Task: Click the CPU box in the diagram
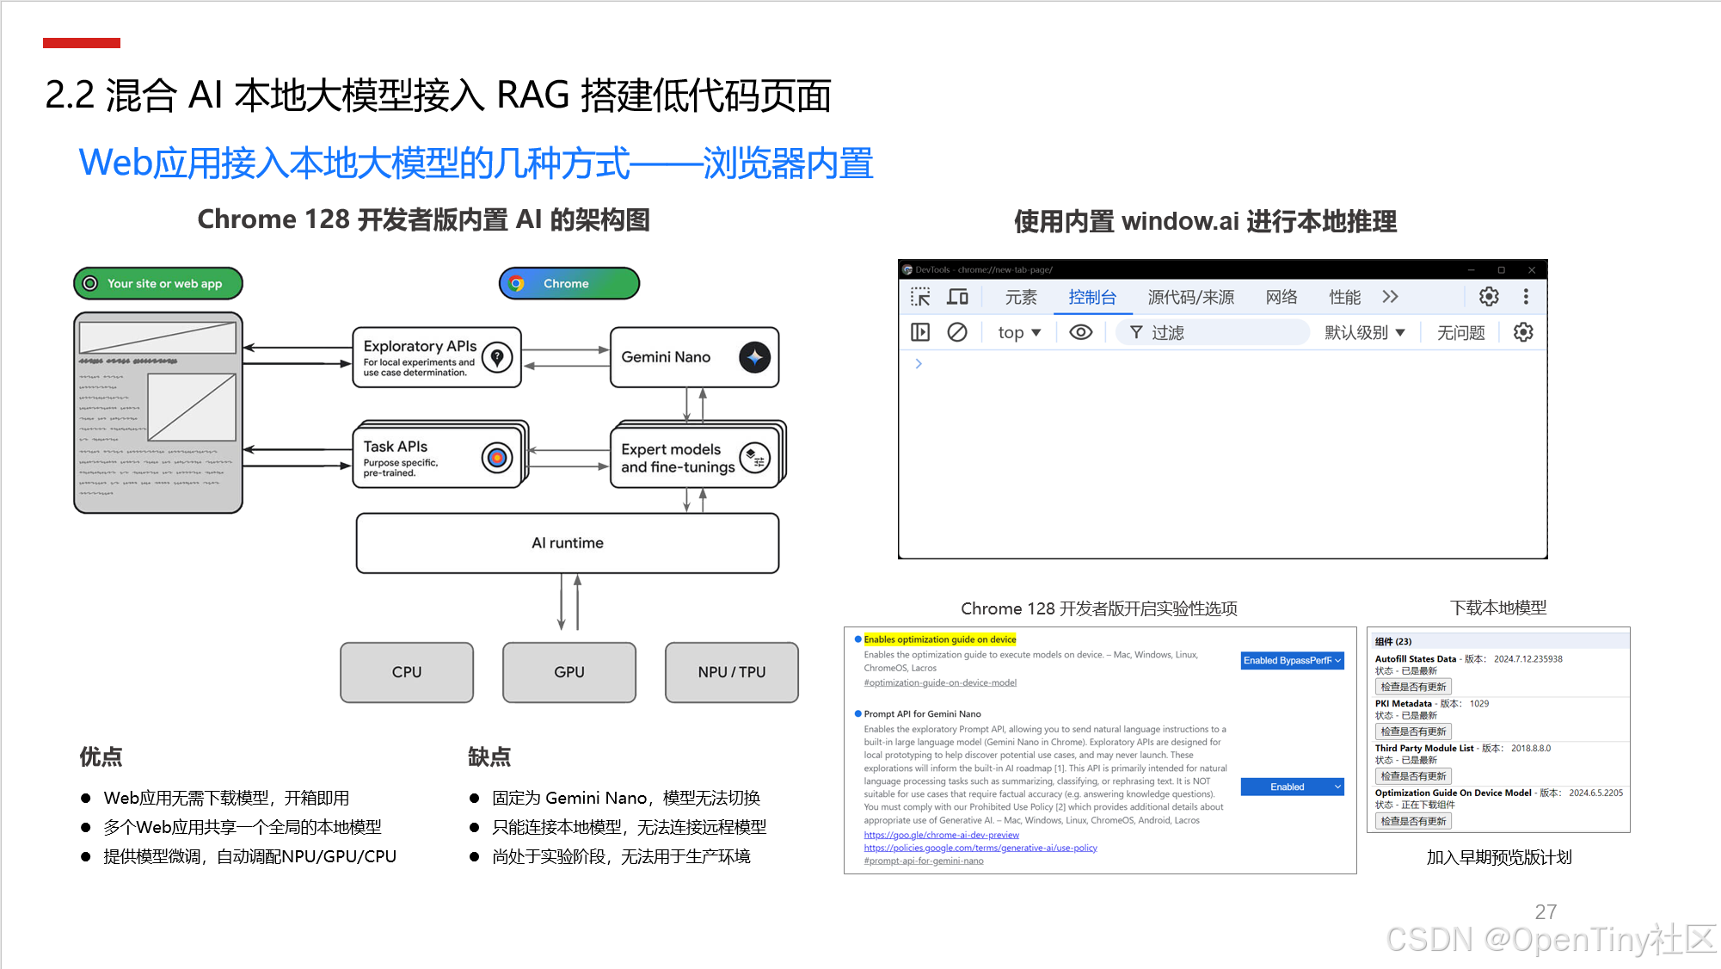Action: [x=407, y=672]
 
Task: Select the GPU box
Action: [x=569, y=672]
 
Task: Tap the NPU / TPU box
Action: [x=731, y=672]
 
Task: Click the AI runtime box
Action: [x=568, y=543]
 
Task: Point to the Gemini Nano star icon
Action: [x=754, y=357]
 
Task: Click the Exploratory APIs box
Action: [x=437, y=357]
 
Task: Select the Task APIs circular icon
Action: [x=497, y=458]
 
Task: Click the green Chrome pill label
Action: [x=569, y=283]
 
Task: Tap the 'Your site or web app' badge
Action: [x=158, y=283]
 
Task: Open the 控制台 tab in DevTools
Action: [x=1092, y=298]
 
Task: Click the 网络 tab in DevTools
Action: [x=1281, y=298]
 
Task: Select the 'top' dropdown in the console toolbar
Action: [x=1019, y=333]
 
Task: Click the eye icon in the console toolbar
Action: [x=1081, y=333]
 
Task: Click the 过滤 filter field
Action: [x=1213, y=333]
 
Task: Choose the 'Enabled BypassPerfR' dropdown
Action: [x=1292, y=661]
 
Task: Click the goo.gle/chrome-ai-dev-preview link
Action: [x=941, y=835]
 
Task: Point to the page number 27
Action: [x=1546, y=912]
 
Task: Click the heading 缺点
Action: [x=489, y=757]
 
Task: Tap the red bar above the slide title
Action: [x=82, y=43]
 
